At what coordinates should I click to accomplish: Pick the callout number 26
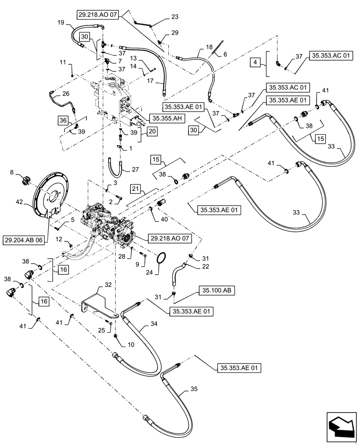click(x=65, y=94)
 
